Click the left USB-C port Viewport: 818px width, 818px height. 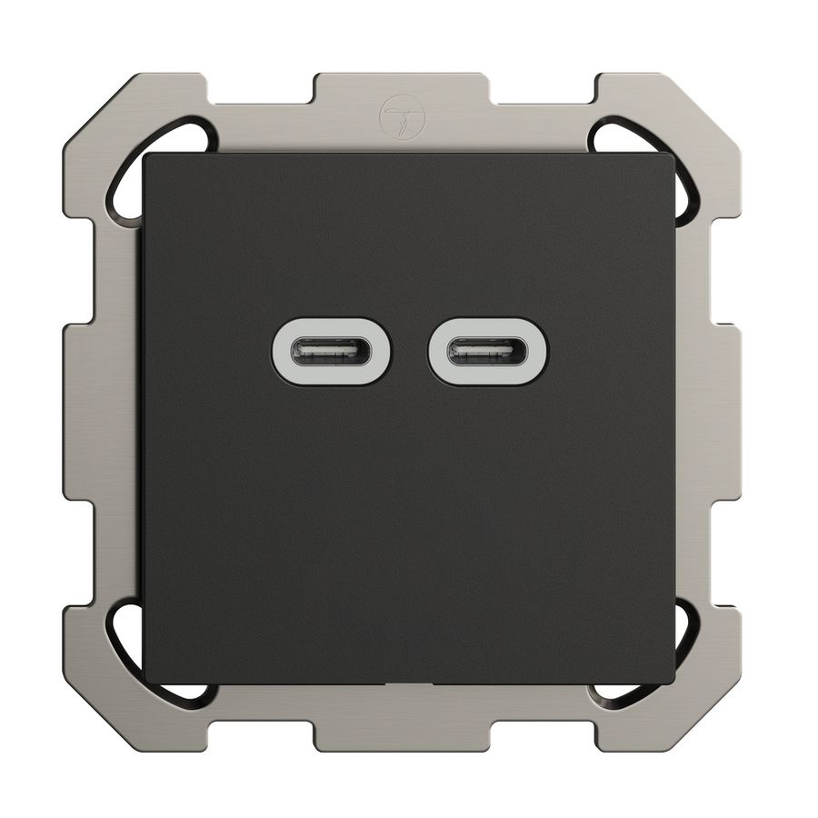[332, 352]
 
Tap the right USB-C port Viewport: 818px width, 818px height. [488, 352]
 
